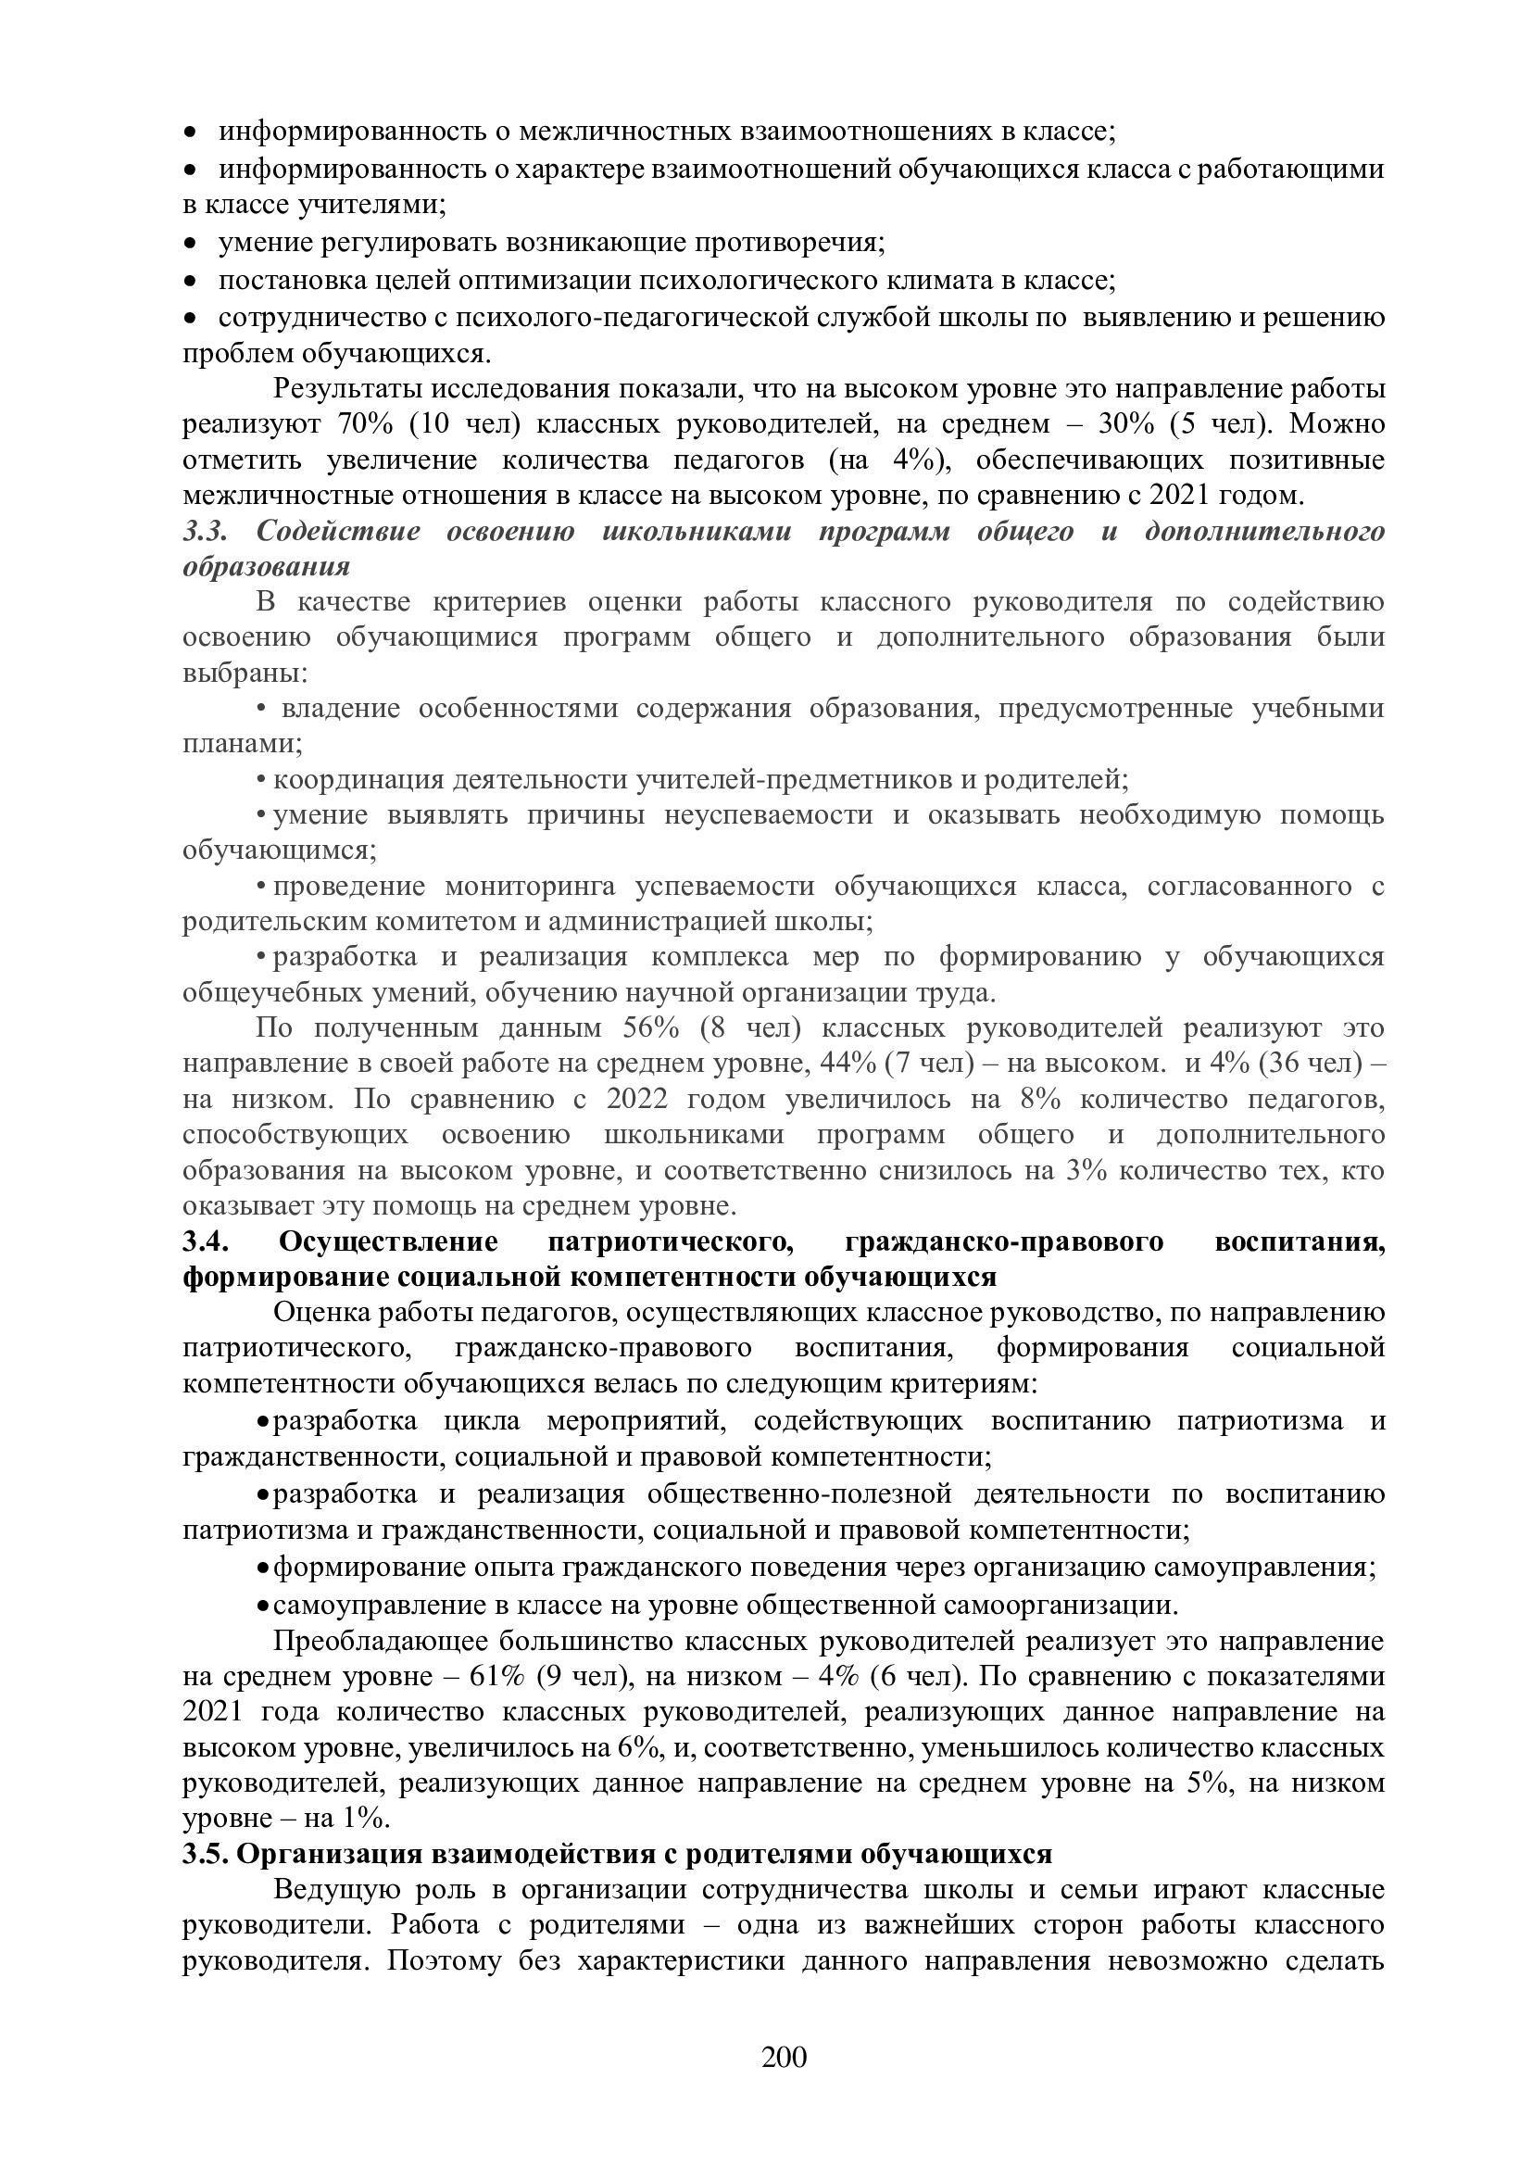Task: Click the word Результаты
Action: click(350, 390)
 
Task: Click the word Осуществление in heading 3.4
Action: click(389, 1242)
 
